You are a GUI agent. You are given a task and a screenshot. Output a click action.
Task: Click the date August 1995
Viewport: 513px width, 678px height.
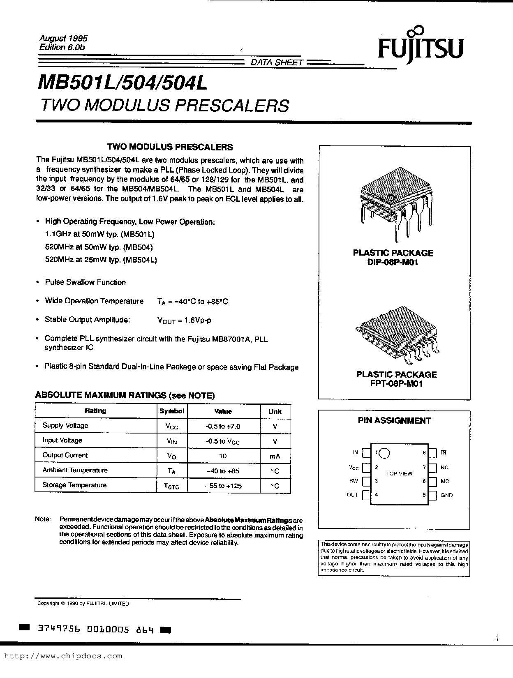(63, 38)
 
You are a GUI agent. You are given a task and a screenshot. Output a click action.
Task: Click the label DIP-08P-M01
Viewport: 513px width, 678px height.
(393, 262)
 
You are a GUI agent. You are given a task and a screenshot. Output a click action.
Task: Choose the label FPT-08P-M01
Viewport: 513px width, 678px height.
(396, 384)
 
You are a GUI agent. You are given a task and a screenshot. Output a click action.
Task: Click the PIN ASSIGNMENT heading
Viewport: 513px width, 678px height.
(394, 420)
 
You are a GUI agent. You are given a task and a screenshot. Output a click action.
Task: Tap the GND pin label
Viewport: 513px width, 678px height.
(446, 495)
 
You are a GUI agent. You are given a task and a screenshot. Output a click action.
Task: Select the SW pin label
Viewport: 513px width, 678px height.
(354, 481)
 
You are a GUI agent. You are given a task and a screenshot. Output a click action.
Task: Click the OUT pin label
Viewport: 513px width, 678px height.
(352, 495)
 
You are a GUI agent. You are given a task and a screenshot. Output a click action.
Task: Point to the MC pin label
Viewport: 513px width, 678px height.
(444, 481)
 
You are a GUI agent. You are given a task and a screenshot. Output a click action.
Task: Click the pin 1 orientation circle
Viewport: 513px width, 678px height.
(384, 453)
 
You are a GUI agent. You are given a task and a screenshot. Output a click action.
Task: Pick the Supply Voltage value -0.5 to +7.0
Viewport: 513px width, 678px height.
(223, 426)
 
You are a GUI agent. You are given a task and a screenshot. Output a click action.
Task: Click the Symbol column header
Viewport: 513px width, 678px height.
(172, 411)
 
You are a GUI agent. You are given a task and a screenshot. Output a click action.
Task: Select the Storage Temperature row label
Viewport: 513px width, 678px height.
(74, 485)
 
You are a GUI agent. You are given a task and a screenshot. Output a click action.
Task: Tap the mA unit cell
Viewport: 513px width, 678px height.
(275, 456)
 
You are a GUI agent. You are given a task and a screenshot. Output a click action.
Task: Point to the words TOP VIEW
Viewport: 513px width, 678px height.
(399, 473)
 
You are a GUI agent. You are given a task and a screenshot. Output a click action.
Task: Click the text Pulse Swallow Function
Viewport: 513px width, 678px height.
(85, 282)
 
